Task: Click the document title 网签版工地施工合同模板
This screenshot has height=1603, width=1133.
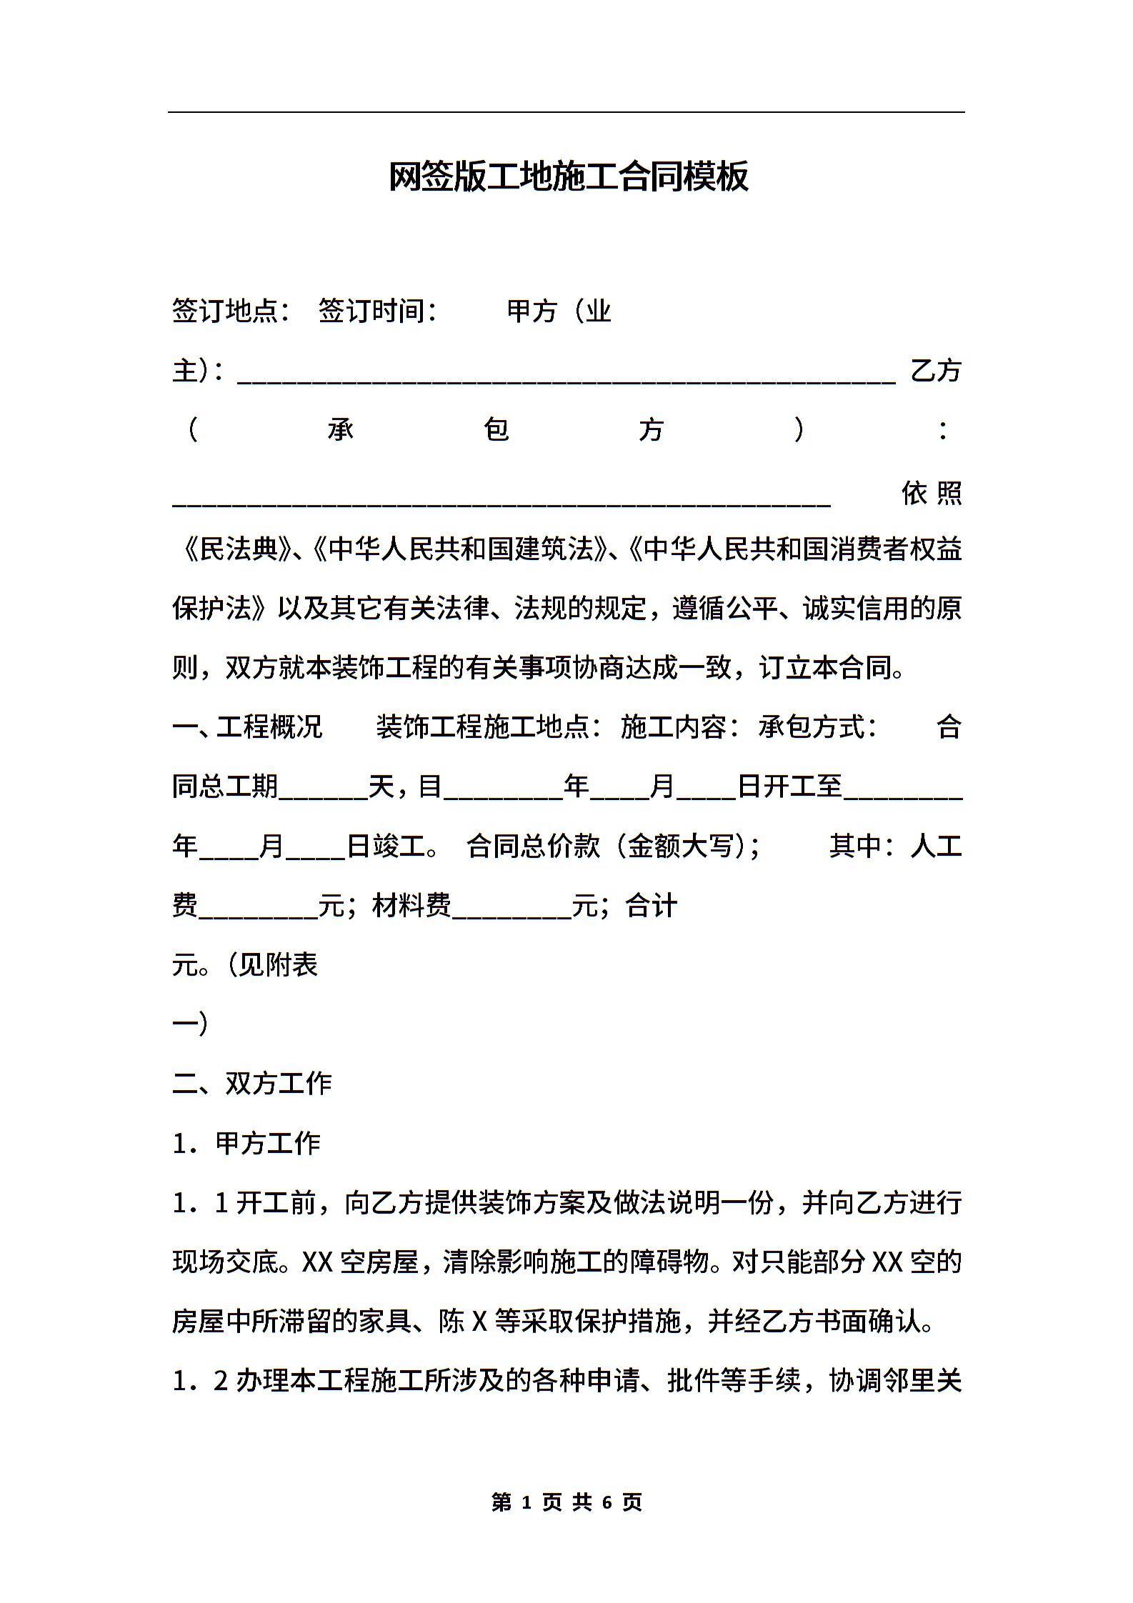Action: coord(568,176)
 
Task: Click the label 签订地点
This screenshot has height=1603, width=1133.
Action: coord(229,311)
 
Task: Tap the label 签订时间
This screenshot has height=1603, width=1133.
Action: coord(376,311)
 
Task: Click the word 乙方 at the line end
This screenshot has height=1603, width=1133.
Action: coord(936,371)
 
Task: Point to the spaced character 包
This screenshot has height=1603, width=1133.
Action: coord(496,430)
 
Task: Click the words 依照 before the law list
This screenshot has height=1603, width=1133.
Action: coord(932,493)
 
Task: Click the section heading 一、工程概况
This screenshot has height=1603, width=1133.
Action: coord(247,727)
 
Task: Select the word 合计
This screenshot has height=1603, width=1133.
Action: coord(651,906)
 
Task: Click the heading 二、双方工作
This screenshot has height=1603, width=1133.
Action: coord(252,1084)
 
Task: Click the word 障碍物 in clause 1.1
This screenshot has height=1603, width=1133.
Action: coord(677,1262)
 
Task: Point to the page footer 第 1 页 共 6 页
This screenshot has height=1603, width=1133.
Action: coord(566,1502)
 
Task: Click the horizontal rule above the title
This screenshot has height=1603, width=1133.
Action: coord(566,112)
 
